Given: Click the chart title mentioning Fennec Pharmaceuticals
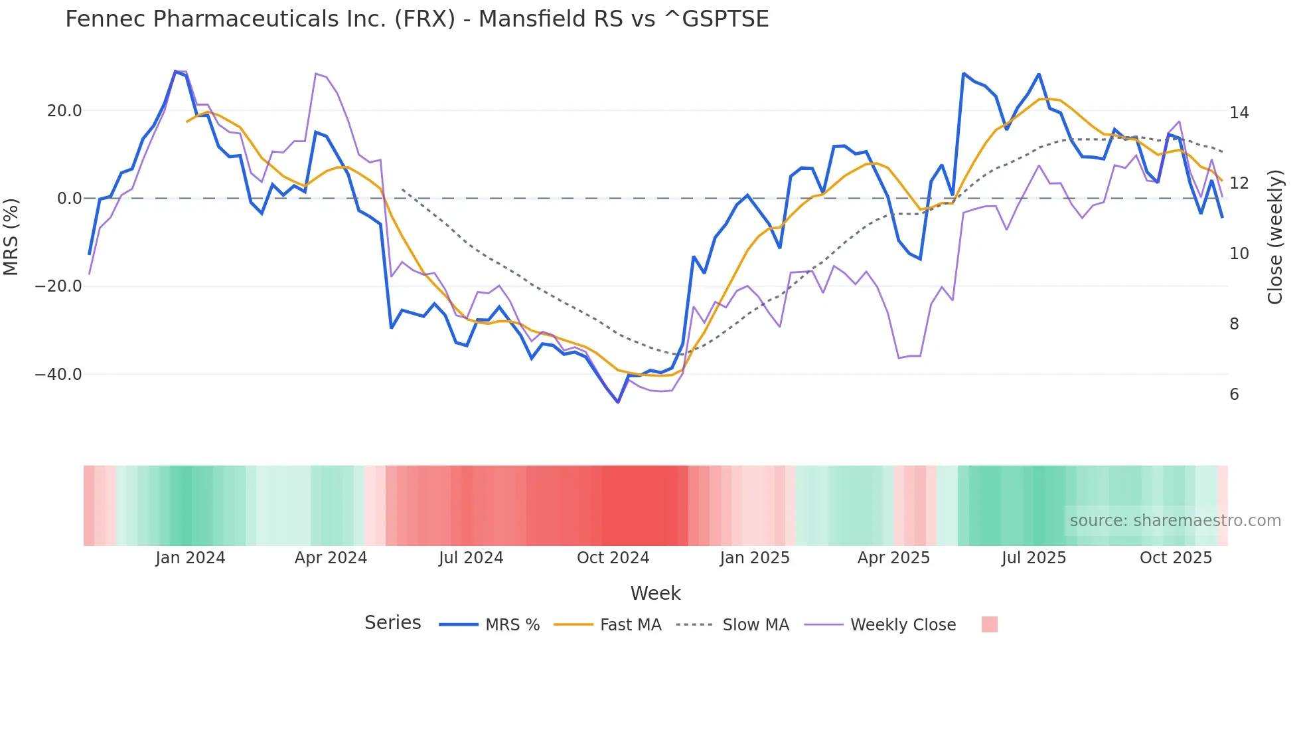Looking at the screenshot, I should click(x=417, y=19).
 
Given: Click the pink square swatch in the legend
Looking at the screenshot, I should click(x=989, y=624).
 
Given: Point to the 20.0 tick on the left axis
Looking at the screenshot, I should click(x=64, y=111).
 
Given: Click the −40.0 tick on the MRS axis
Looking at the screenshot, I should click(x=58, y=375).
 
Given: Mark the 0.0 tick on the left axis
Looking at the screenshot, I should click(x=69, y=199).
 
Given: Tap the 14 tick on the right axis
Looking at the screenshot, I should click(x=1239, y=113).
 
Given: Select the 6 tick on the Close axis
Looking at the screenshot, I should click(x=1234, y=395).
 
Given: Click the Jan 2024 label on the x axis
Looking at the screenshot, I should click(x=191, y=558).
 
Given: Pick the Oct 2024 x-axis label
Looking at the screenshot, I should click(x=613, y=558).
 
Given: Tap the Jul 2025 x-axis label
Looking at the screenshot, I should click(x=1033, y=558).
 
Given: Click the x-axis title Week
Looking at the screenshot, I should click(x=655, y=593).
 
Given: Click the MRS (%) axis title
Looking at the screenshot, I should click(x=11, y=237).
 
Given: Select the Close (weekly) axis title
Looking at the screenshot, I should click(x=1275, y=237).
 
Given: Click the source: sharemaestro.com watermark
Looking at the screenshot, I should click(x=1175, y=521).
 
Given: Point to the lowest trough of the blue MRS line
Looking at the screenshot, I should click(x=618, y=402).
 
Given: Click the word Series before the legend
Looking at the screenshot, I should click(x=392, y=623).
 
